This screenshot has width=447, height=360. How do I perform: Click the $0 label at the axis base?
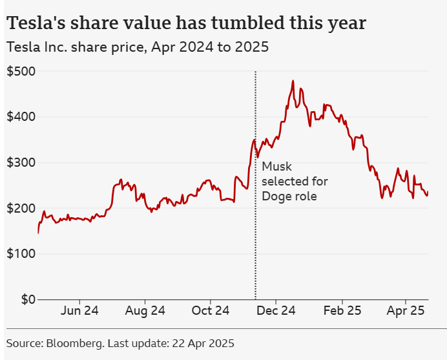tap(26, 300)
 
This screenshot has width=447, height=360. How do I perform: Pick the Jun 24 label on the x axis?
tap(79, 311)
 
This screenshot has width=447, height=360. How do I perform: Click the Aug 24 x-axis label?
tap(145, 311)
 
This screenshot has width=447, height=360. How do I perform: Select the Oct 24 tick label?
tap(211, 311)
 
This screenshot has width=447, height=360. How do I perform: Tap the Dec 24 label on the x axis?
tap(276, 311)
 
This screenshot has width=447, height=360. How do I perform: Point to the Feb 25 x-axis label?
tap(341, 311)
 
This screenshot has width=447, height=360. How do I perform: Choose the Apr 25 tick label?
tap(406, 311)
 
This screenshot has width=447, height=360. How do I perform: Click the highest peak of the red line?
tap(293, 81)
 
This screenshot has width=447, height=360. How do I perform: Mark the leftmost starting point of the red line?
tap(38, 233)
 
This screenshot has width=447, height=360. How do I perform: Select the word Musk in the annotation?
tap(276, 167)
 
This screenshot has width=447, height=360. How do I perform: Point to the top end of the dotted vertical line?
tap(256, 71)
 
